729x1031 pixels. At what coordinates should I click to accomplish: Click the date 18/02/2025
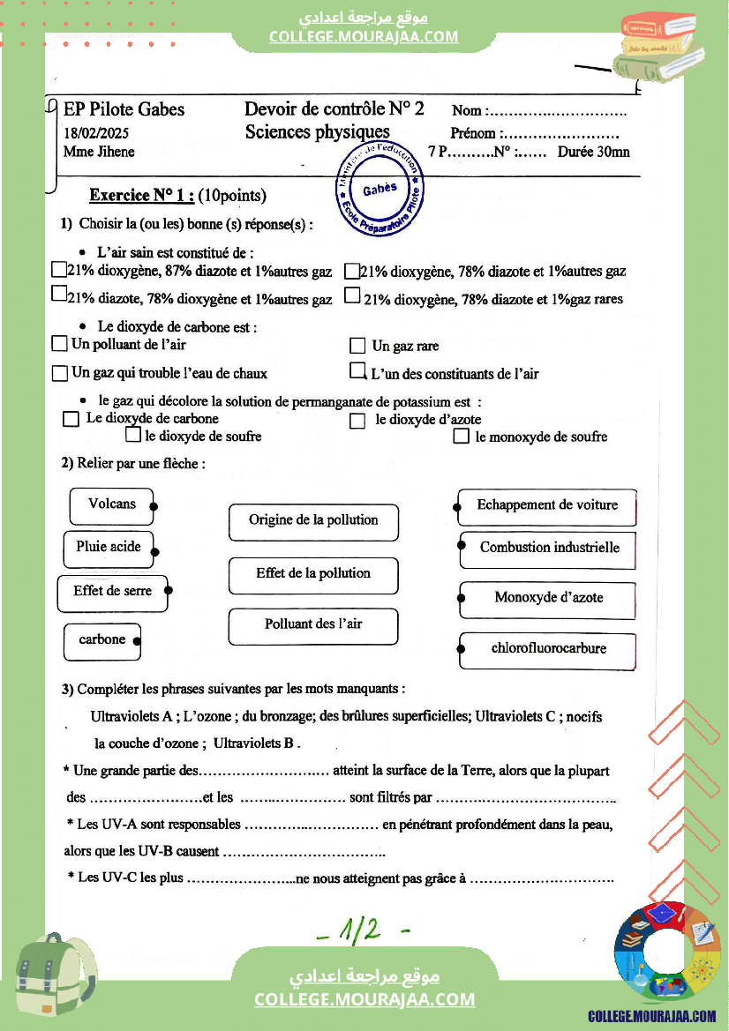pyautogui.click(x=97, y=133)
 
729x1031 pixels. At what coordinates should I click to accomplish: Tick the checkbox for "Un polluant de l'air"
pyautogui.click(x=60, y=343)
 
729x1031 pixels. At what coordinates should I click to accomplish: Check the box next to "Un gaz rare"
pyautogui.click(x=357, y=346)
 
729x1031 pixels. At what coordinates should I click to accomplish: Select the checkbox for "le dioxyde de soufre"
pyautogui.click(x=133, y=435)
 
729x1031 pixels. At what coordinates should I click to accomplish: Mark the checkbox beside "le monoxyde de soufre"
pyautogui.click(x=461, y=436)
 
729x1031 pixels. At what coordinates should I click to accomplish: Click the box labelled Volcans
pyautogui.click(x=112, y=504)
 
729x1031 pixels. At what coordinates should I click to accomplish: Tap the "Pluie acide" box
pyautogui.click(x=109, y=548)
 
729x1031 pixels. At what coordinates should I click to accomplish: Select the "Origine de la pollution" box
pyautogui.click(x=313, y=520)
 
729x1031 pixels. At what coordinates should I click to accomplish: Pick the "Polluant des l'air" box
pyautogui.click(x=313, y=625)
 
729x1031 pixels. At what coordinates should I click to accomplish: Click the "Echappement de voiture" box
pyautogui.click(x=547, y=506)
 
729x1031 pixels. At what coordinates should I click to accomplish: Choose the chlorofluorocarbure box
pyautogui.click(x=548, y=649)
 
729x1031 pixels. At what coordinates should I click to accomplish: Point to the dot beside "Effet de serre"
pyautogui.click(x=168, y=591)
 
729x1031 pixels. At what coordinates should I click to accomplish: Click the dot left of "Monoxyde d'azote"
pyautogui.click(x=461, y=599)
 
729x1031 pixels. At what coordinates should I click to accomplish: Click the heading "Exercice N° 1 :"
pyautogui.click(x=142, y=196)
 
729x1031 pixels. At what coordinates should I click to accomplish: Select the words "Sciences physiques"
pyautogui.click(x=317, y=132)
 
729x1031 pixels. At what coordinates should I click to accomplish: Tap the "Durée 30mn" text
pyautogui.click(x=593, y=152)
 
